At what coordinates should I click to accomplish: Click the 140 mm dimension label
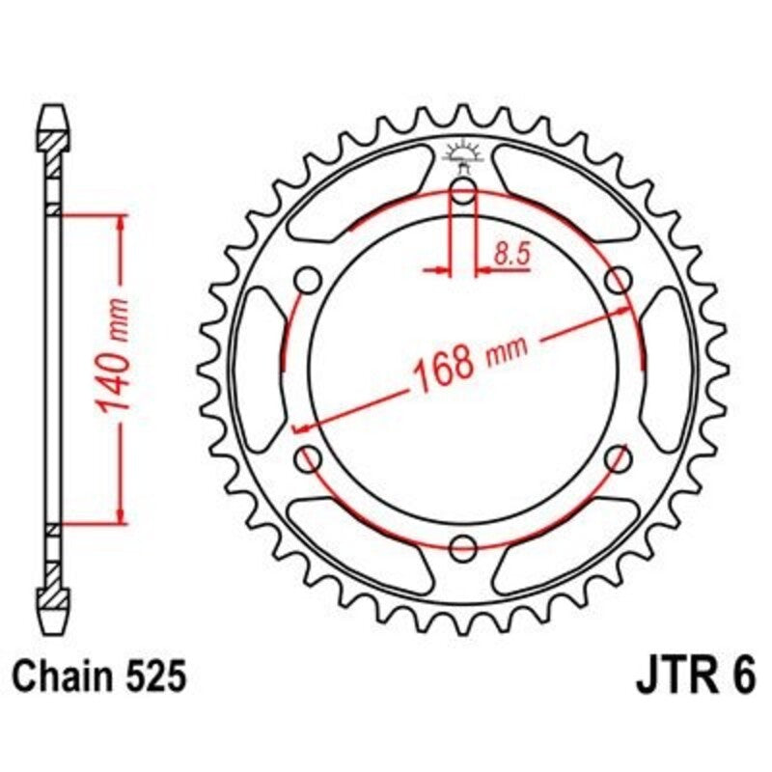[x=113, y=369]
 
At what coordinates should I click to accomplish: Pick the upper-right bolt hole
[x=617, y=281]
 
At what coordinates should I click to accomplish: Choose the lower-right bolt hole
[x=617, y=459]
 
